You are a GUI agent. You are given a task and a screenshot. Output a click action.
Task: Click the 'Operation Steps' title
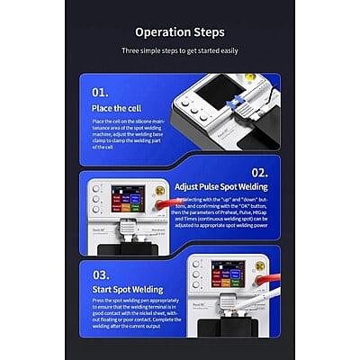(180, 34)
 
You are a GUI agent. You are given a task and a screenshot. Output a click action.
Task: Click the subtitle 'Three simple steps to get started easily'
(180, 52)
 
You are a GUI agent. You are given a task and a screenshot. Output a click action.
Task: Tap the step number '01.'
(101, 91)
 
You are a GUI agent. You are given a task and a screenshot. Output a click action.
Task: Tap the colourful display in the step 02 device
(125, 202)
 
